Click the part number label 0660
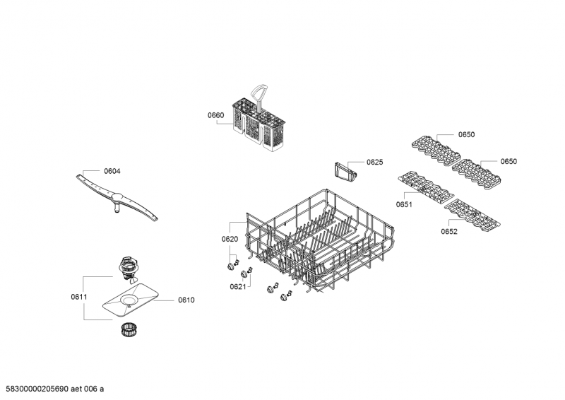pos(215,115)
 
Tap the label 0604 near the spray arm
pos(112,171)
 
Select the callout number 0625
pos(375,162)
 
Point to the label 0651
pos(404,204)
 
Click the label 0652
pos(449,231)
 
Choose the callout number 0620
pos(230,239)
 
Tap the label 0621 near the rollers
pos(238,286)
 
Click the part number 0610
pos(186,300)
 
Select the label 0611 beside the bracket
pos(79,297)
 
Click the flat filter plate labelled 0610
pos(131,300)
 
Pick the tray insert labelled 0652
pos(472,214)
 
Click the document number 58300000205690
pos(37,389)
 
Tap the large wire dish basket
pos(320,242)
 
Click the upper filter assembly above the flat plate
pos(128,269)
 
